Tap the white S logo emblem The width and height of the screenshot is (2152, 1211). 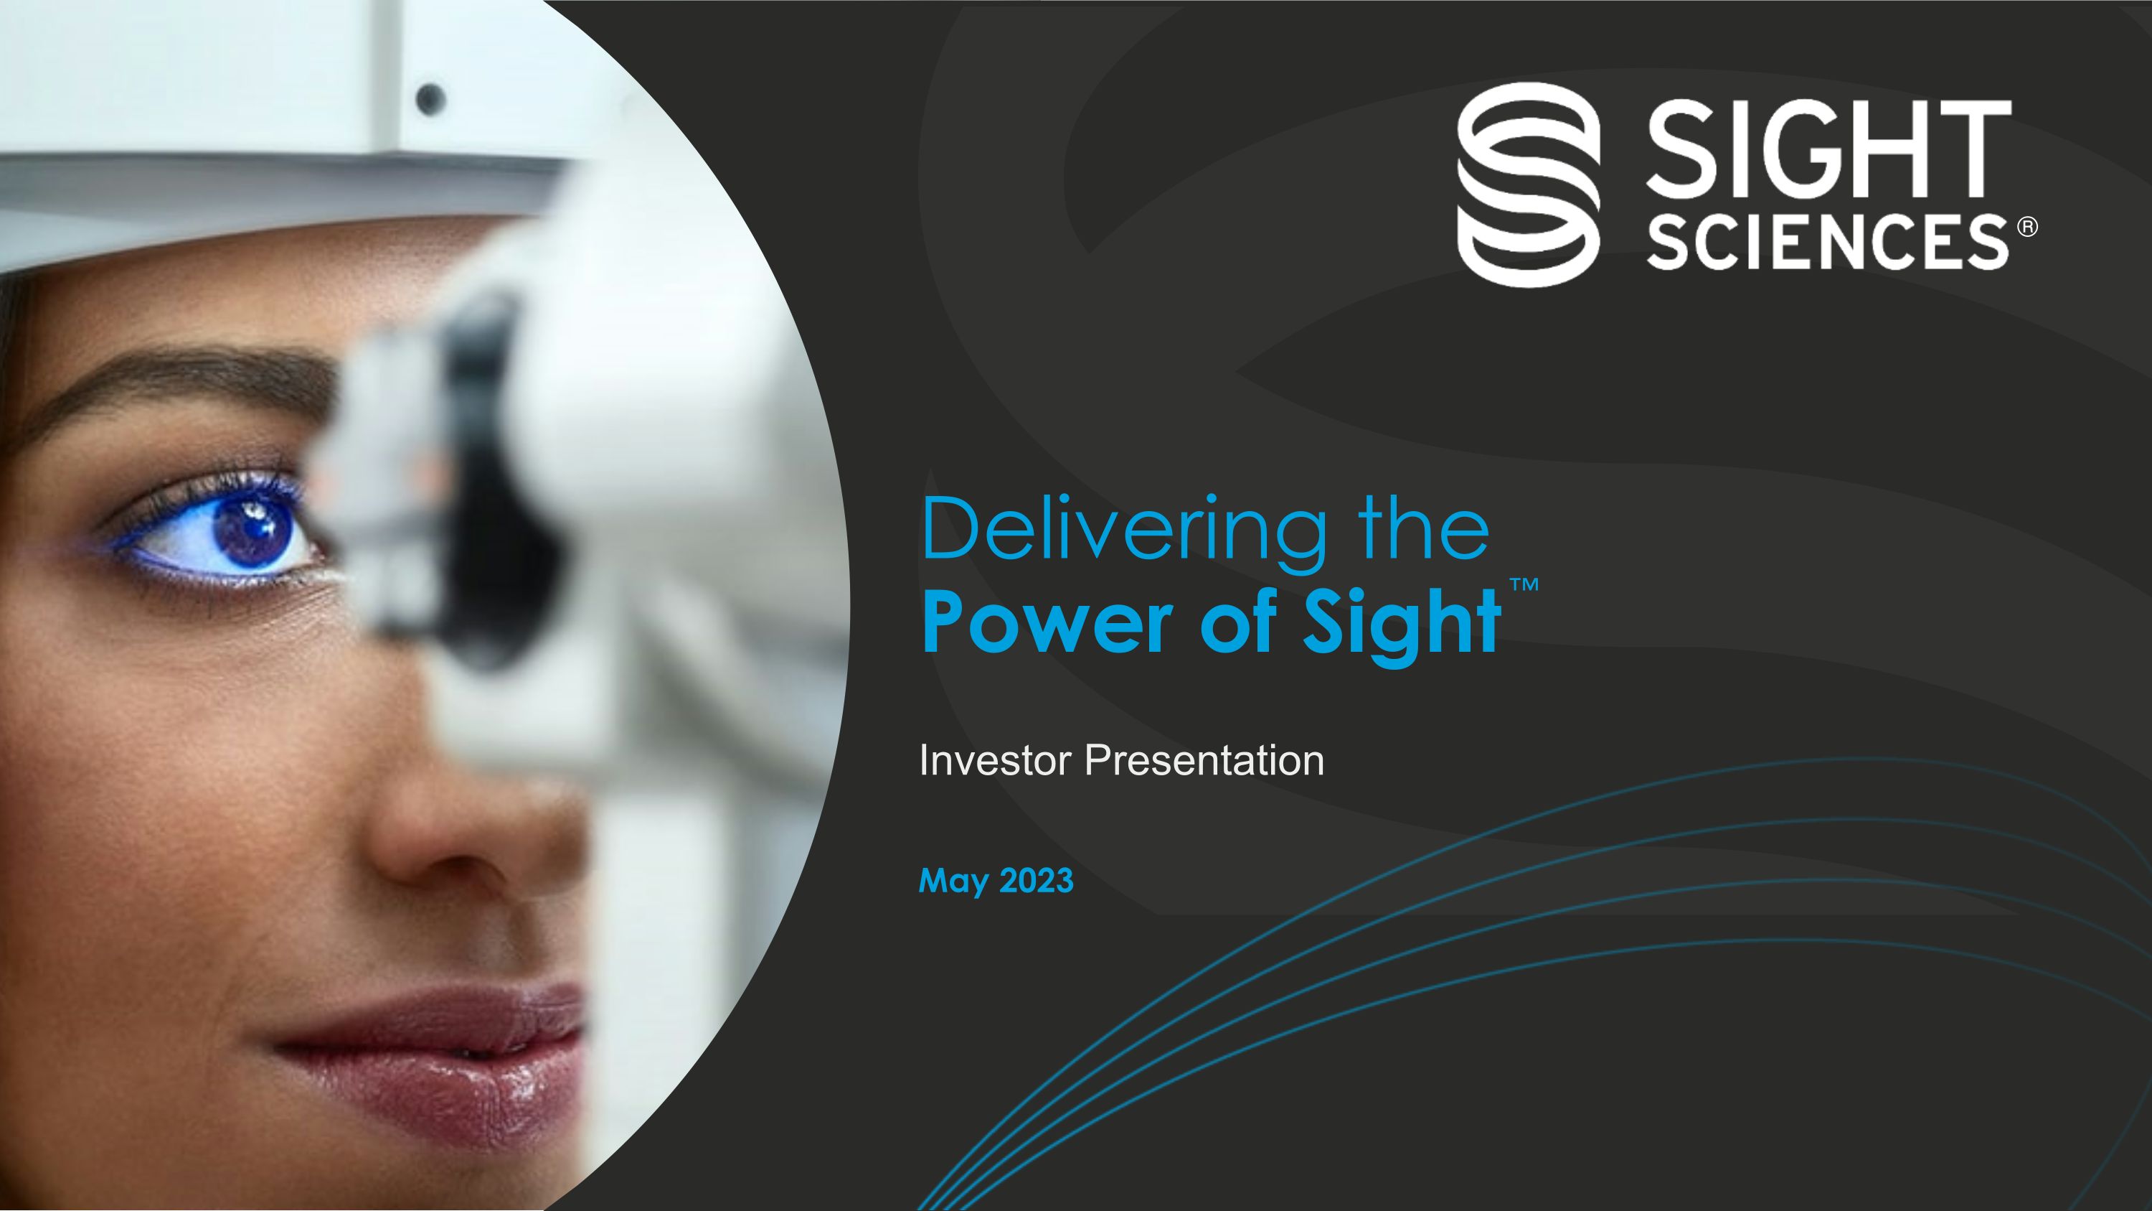(x=1529, y=184)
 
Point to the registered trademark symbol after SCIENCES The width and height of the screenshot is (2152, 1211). (x=2027, y=228)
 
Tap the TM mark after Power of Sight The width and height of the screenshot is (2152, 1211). (x=1524, y=584)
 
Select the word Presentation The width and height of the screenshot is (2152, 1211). (x=1204, y=760)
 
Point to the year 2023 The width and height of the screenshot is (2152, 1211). (x=1036, y=881)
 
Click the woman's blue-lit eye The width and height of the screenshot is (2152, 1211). (x=250, y=530)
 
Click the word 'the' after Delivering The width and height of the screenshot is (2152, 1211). (x=1425, y=530)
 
